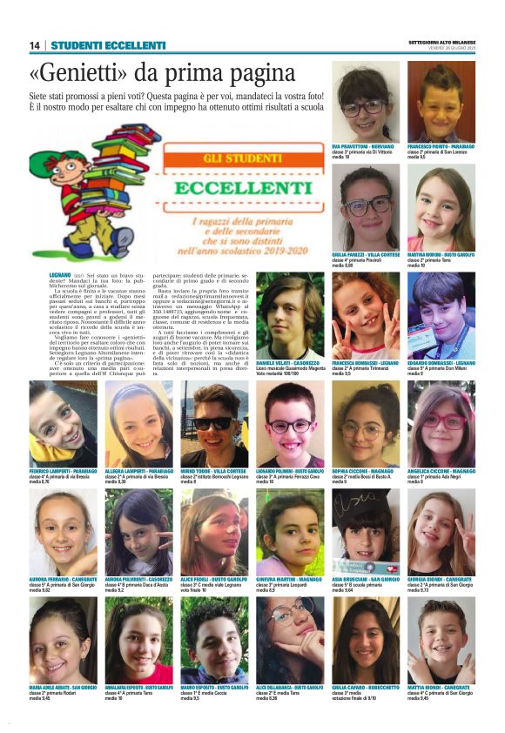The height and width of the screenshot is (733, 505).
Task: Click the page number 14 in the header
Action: [35, 45]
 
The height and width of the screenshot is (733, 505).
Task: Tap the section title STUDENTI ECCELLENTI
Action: [108, 45]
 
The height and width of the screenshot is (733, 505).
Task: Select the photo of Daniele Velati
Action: [289, 317]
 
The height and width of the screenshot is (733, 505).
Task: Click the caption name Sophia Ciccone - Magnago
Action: [366, 470]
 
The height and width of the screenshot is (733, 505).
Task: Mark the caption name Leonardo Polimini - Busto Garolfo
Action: [291, 470]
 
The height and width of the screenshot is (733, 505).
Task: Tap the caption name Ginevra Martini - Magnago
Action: [290, 578]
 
